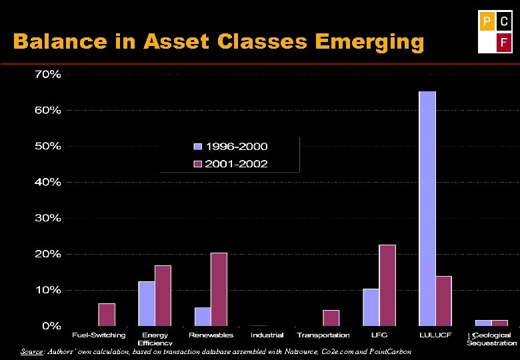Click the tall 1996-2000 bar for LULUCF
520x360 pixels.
427,209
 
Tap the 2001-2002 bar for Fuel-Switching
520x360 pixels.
107,315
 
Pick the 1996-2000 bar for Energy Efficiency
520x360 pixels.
147,303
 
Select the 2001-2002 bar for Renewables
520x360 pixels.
219,289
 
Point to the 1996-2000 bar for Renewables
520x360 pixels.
203,317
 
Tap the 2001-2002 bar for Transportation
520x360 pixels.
331,318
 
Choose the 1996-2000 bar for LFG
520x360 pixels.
371,307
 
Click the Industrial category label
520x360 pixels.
267,335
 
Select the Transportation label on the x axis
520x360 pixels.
323,335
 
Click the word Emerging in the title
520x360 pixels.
370,43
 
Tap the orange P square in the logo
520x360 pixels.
487,22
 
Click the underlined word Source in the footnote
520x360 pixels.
31,351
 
